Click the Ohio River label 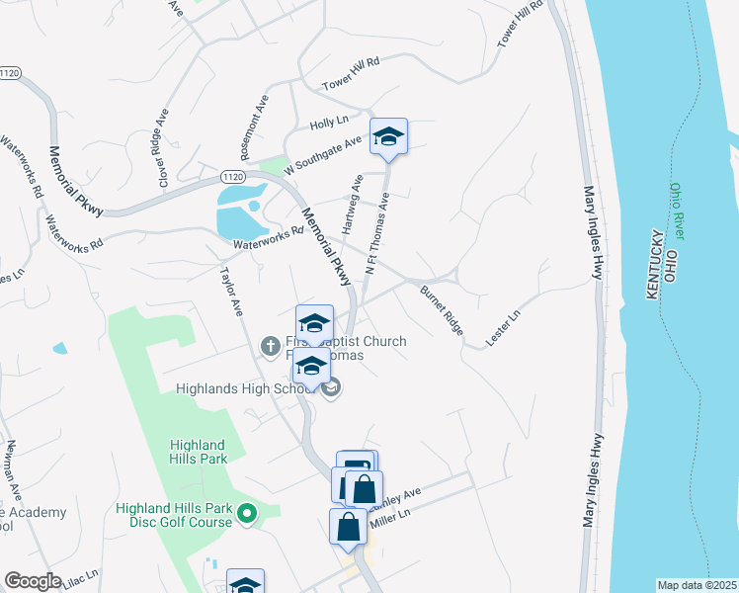[x=677, y=210]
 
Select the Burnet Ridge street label [x=442, y=310]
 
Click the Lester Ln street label [x=503, y=329]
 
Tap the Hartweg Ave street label [x=352, y=204]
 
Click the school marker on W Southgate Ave [x=388, y=137]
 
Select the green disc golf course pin [x=247, y=513]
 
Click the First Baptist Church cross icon [x=268, y=346]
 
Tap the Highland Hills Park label [x=198, y=452]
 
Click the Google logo [x=33, y=581]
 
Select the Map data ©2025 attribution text [x=696, y=585]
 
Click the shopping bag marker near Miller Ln [x=349, y=527]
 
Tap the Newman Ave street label [x=15, y=468]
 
